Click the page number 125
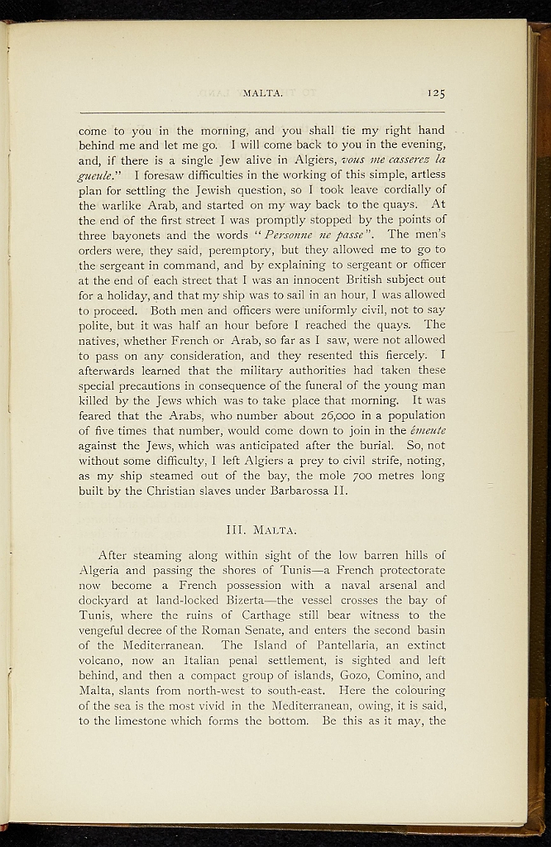[437, 93]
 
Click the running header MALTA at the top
[263, 93]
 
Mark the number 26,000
[304, 415]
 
